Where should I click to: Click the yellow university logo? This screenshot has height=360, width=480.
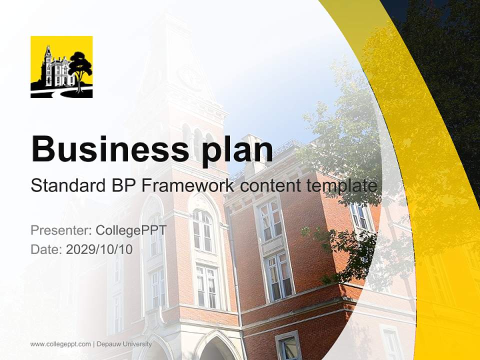coord(61,67)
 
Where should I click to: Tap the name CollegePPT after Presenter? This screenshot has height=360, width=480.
coord(130,230)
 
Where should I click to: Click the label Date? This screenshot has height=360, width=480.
coord(46,249)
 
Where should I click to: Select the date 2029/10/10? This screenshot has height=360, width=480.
coord(99,249)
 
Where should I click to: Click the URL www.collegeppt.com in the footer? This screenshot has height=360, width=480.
coord(60,344)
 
